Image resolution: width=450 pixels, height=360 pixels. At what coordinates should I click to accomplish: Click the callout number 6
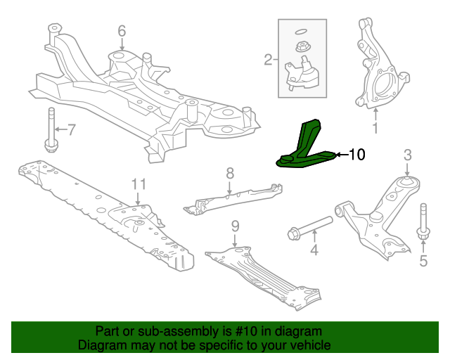(x=121, y=30)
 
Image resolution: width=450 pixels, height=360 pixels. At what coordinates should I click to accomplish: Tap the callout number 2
(x=268, y=60)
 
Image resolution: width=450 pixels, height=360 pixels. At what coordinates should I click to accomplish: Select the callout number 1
(x=375, y=129)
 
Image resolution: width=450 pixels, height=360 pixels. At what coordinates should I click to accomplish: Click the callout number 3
(x=407, y=155)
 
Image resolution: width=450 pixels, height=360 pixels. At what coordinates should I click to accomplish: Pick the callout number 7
(x=70, y=129)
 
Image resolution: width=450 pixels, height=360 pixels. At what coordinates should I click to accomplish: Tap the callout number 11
(x=139, y=184)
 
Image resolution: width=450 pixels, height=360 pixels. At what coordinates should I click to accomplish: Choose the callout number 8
(x=229, y=173)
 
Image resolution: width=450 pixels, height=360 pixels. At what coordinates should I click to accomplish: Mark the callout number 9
(x=236, y=226)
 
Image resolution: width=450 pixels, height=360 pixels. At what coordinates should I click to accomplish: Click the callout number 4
(x=314, y=249)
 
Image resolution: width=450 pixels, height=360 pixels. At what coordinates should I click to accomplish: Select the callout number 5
(x=423, y=262)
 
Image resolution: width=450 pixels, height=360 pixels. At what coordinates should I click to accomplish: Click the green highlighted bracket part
(x=304, y=148)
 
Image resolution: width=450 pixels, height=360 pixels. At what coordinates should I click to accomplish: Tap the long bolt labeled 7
(x=51, y=129)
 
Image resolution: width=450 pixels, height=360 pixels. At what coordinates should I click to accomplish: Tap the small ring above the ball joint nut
(x=300, y=31)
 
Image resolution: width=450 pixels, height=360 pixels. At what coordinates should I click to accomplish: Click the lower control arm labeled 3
(x=380, y=214)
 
